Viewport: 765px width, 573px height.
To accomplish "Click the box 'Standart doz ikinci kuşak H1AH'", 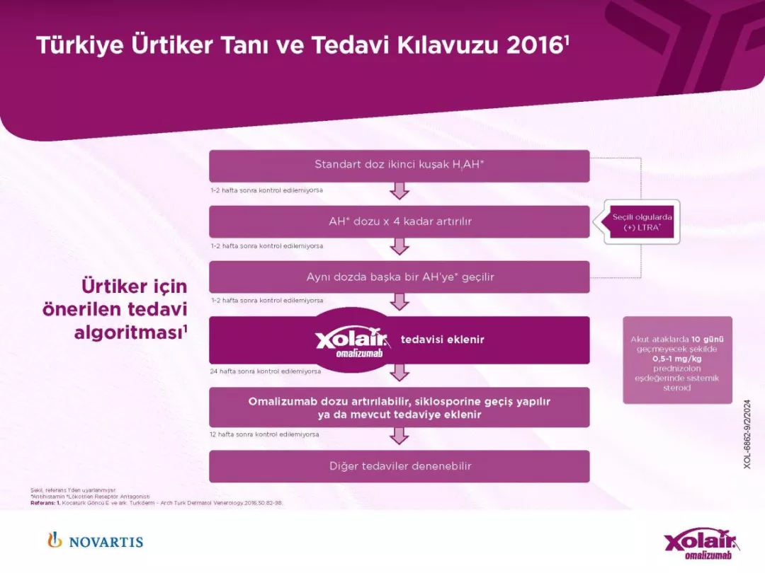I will (x=399, y=166).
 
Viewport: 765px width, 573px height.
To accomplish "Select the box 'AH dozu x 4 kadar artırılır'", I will (x=399, y=221).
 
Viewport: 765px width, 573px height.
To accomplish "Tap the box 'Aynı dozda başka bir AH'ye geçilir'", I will (x=399, y=277).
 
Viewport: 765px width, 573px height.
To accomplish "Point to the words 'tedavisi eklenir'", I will (x=443, y=340).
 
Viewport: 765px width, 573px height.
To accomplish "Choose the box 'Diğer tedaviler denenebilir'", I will (x=399, y=466).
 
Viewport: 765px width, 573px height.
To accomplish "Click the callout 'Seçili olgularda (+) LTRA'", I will (x=642, y=222).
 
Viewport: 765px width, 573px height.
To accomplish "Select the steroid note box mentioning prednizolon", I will (x=677, y=360).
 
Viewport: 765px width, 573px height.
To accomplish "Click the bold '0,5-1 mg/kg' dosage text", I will (x=677, y=359).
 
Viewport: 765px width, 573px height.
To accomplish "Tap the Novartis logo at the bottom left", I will (x=95, y=541).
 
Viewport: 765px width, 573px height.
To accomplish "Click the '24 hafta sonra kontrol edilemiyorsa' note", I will (x=265, y=371).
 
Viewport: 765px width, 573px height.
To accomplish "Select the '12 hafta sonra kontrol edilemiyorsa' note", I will (x=264, y=434).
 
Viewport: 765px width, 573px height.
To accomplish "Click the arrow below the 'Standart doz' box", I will (x=399, y=191).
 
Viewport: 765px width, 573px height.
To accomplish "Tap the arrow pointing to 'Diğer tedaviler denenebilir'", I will (x=399, y=436).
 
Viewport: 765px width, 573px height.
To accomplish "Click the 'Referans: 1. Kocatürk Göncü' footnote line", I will (x=156, y=503).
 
